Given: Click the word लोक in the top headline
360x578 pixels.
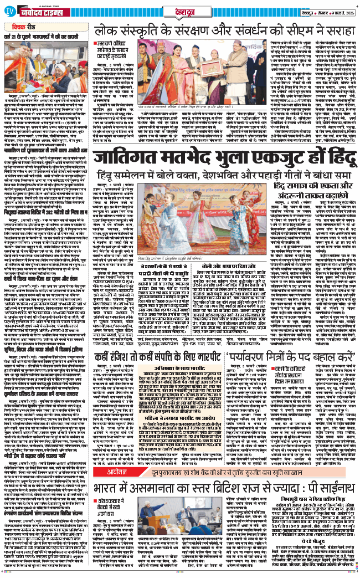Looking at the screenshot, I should (x=110, y=31).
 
